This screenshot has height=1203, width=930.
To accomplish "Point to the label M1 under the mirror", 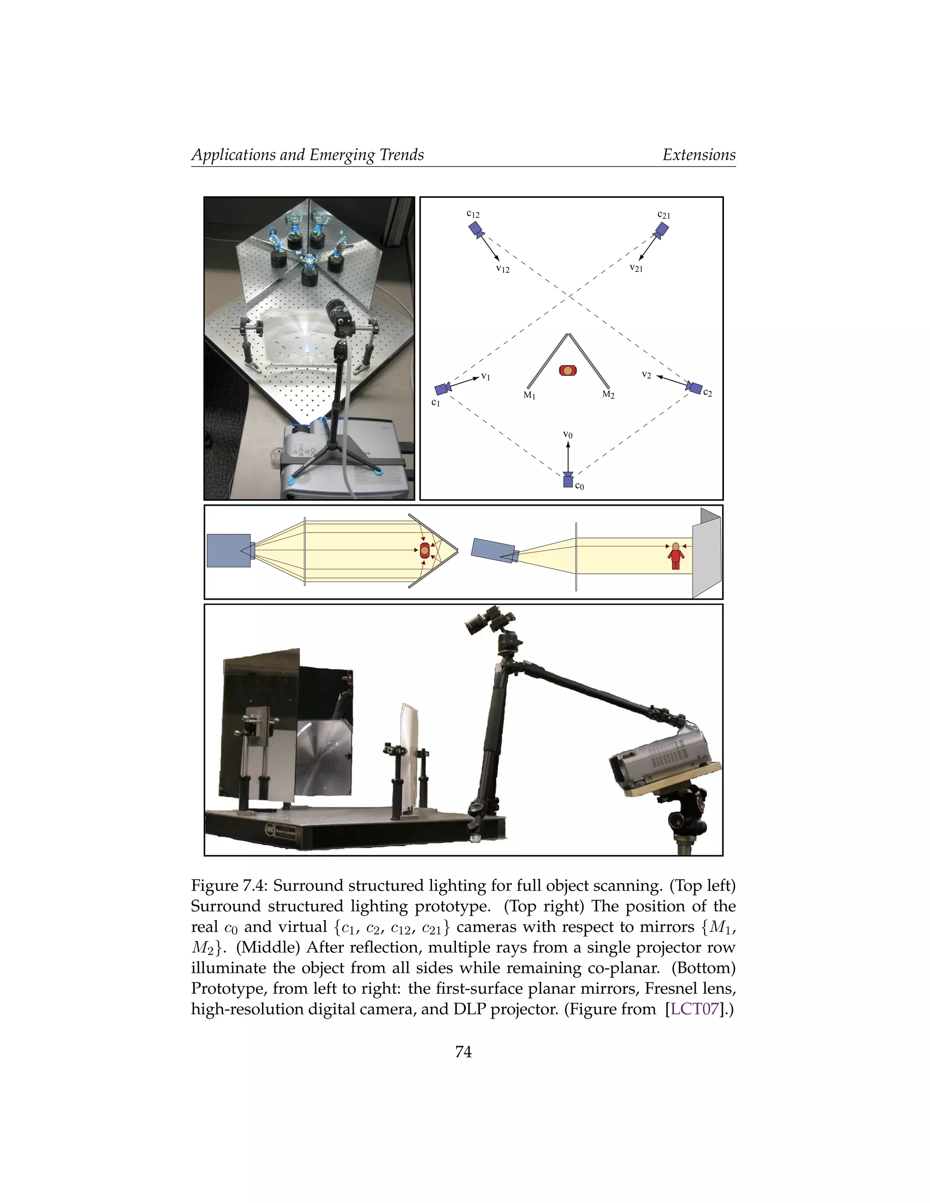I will tap(529, 395).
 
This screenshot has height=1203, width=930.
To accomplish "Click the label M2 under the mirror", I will tap(608, 395).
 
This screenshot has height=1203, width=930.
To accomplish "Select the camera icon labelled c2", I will tap(694, 387).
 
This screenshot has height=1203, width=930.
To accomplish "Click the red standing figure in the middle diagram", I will tap(675, 557).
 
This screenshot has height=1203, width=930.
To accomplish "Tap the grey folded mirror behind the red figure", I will tap(706, 552).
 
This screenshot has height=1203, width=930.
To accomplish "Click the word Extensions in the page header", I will tap(698, 155).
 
